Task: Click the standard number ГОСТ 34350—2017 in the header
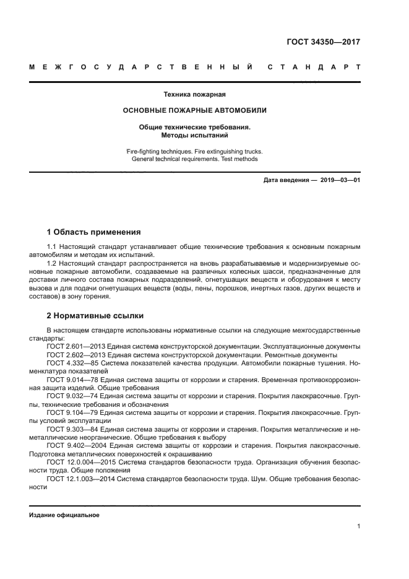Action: pyautogui.click(x=324, y=42)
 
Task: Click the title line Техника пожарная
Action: pyautogui.click(x=194, y=95)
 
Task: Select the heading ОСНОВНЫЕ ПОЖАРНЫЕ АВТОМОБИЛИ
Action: pyautogui.click(x=194, y=110)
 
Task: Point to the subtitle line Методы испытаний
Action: pyautogui.click(x=194, y=134)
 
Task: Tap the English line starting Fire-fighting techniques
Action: pyautogui.click(x=194, y=151)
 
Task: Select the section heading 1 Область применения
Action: pyautogui.click(x=93, y=232)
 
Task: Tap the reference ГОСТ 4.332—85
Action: pyautogui.click(x=71, y=363)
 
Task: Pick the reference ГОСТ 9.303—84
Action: pyautogui.click(x=71, y=429)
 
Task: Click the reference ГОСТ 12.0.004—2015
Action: pyautogui.click(x=79, y=462)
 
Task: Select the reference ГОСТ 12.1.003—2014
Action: pyautogui.click(x=79, y=479)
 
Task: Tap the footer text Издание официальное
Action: pyautogui.click(x=64, y=515)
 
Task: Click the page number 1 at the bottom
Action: pyautogui.click(x=358, y=526)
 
